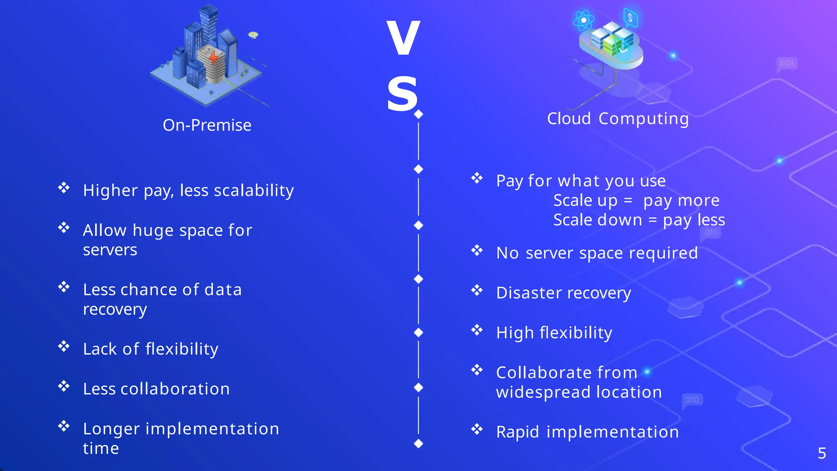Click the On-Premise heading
point(207,125)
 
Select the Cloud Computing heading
point(618,119)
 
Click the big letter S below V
point(402,94)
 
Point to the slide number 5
point(822,453)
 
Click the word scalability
point(254,191)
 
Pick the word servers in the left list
point(110,250)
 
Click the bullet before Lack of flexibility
point(64,347)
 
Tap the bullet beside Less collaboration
point(64,386)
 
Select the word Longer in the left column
point(112,428)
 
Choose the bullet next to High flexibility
point(477,330)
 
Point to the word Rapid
point(517,432)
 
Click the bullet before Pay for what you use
point(477,178)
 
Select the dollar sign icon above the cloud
point(631,18)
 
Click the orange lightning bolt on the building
point(213,58)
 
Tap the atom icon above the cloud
point(584,20)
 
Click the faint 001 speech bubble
point(787,64)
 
